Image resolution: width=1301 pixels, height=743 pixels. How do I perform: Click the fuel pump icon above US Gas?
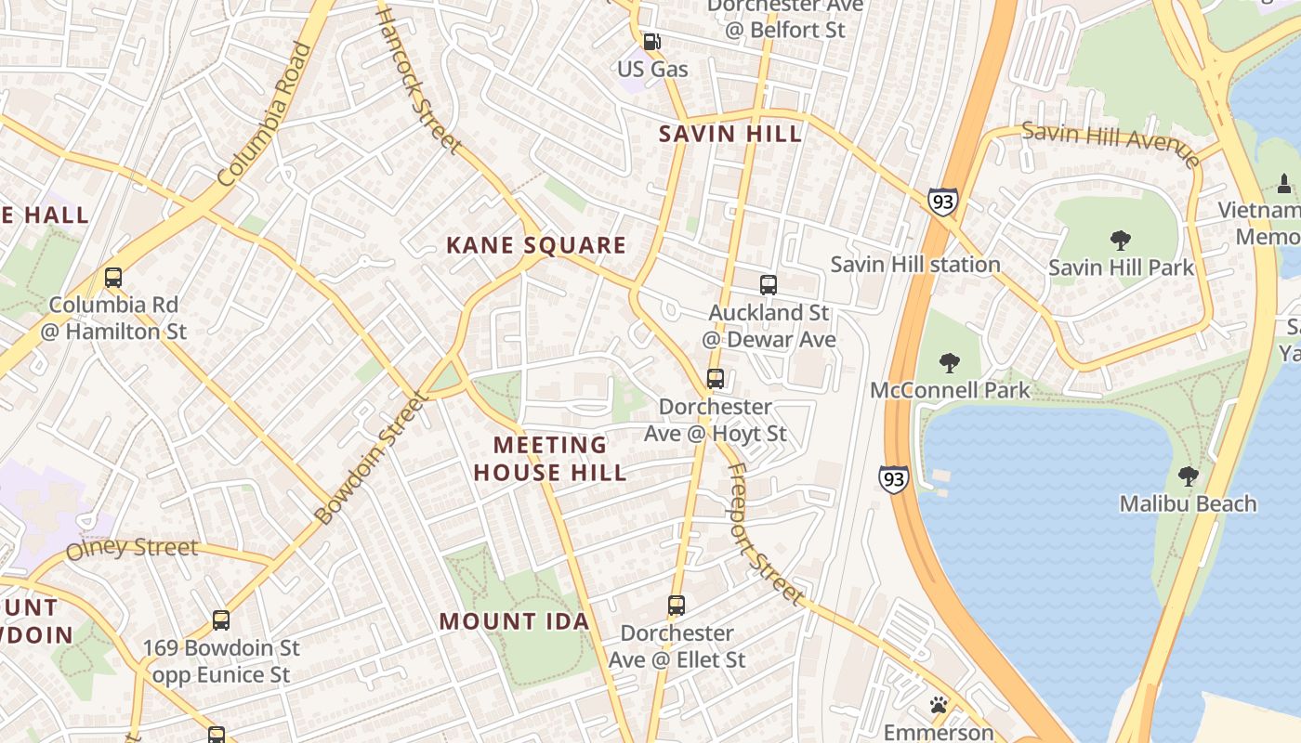click(x=653, y=42)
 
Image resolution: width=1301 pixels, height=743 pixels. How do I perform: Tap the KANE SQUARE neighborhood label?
click(x=536, y=245)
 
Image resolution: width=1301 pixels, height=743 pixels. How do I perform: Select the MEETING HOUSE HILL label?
click(x=549, y=459)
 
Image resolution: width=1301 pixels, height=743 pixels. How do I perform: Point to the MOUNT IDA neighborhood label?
click(x=514, y=621)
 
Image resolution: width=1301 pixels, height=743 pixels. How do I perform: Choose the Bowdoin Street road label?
click(x=372, y=458)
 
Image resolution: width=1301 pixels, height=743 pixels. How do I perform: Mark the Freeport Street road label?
click(x=764, y=533)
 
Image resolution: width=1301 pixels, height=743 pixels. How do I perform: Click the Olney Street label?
click(x=132, y=548)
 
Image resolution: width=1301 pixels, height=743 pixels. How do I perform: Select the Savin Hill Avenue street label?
click(x=1110, y=144)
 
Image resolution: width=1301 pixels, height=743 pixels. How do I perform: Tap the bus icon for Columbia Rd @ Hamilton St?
click(x=113, y=277)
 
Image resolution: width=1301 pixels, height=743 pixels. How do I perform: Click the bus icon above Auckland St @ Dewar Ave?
click(x=768, y=285)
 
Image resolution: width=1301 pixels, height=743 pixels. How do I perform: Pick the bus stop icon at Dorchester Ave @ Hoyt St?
click(x=715, y=379)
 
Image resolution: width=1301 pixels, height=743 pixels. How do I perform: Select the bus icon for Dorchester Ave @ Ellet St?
click(x=677, y=606)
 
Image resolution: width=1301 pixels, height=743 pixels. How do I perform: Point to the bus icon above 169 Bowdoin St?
click(x=221, y=619)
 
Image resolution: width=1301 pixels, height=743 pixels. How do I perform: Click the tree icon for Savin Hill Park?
click(x=1120, y=241)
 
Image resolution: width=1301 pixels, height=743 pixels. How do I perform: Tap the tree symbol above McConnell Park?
click(x=949, y=362)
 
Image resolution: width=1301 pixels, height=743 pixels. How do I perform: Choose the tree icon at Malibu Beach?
click(x=1187, y=476)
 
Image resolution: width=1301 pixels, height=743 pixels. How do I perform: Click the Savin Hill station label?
click(x=914, y=265)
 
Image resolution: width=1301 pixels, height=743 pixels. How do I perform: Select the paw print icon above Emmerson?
click(x=939, y=705)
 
